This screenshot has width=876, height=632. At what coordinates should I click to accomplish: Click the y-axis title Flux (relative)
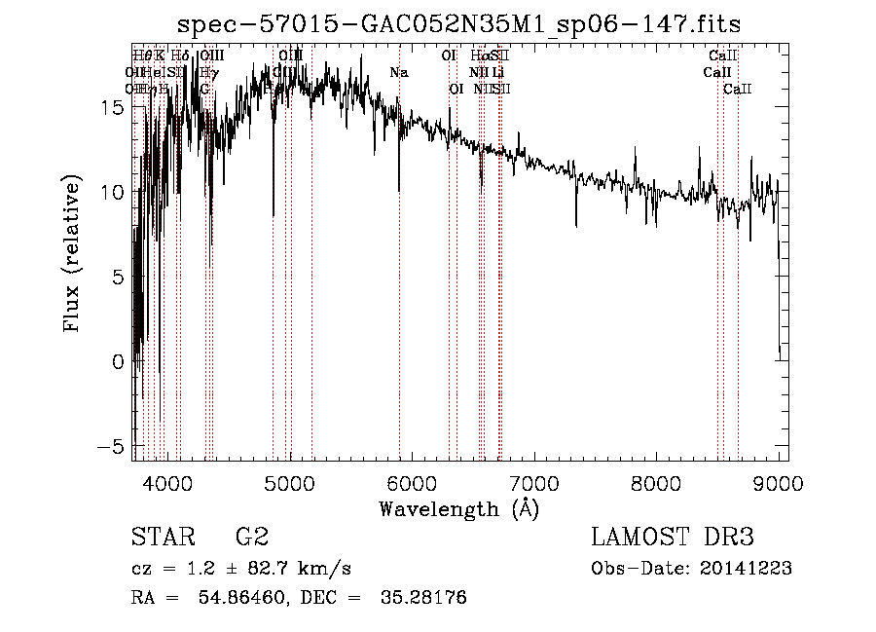(72, 254)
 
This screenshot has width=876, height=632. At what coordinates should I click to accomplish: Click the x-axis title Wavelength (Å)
(458, 508)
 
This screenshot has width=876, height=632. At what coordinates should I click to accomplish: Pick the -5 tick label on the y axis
(110, 445)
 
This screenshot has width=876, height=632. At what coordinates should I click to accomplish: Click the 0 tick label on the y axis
(117, 361)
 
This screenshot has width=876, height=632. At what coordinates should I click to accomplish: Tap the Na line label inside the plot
(399, 73)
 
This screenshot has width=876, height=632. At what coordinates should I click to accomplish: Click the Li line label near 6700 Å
(497, 73)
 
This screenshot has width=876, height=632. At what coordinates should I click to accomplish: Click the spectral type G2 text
(251, 538)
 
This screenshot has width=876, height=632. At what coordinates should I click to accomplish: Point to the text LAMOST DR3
(672, 538)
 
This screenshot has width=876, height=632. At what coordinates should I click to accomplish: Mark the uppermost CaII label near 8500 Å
(723, 56)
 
